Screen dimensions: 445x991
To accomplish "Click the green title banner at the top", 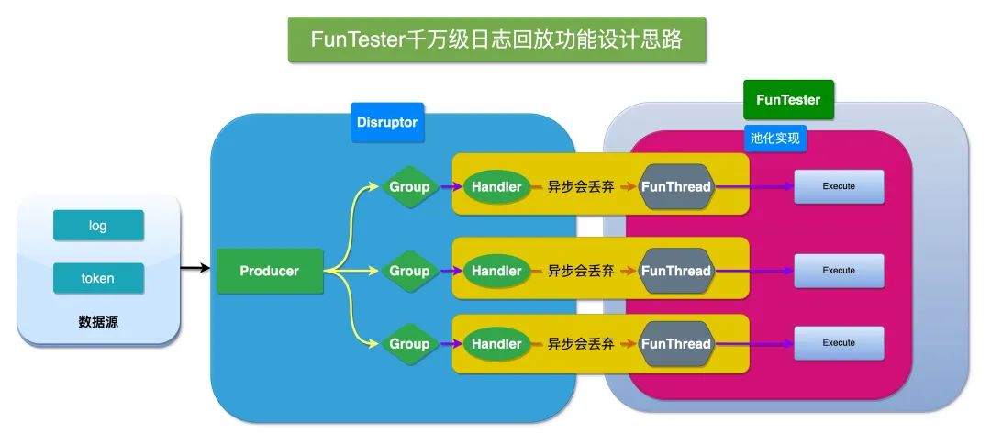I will point(496,39).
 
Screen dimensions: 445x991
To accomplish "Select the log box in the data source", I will point(98,226).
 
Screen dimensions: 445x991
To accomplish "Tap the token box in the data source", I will point(98,278).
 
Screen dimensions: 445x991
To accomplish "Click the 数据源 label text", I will point(98,322).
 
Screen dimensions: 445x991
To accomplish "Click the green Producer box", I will point(270,271).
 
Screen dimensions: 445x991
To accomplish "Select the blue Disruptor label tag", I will point(387,122).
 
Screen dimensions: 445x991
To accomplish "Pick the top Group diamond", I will point(409,186).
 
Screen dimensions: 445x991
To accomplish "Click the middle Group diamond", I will point(409,271).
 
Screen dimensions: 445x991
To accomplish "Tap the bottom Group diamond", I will point(409,343).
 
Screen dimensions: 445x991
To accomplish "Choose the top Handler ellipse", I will point(496,186).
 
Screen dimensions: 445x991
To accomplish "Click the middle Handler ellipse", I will point(496,271).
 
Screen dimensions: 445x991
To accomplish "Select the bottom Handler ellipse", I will point(496,343).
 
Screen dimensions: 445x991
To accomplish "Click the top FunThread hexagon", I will point(676,186).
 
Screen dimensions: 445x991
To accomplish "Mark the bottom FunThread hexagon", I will point(676,343).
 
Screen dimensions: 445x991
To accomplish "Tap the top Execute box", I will point(839,186).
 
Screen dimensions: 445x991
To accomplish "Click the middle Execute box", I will point(839,271).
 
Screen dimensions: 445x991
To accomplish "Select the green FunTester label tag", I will point(788,100).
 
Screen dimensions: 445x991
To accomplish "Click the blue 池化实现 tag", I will point(775,139).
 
